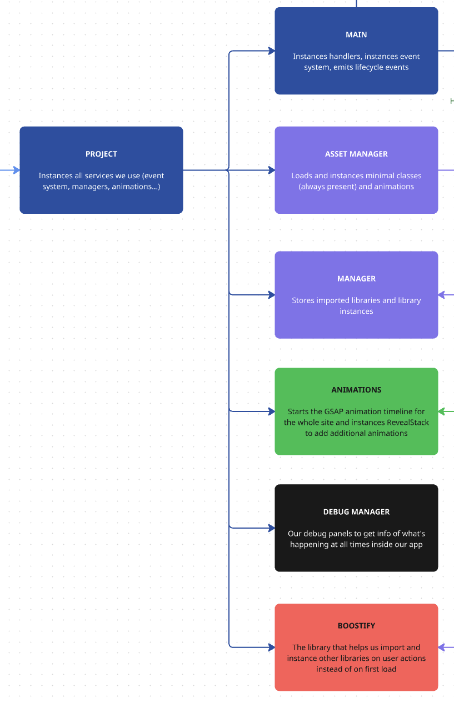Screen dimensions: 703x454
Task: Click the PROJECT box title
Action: (x=101, y=154)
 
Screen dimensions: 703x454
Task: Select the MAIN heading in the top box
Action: (x=356, y=34)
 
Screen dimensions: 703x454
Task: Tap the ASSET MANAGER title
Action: (x=356, y=154)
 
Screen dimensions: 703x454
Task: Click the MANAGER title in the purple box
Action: (x=356, y=279)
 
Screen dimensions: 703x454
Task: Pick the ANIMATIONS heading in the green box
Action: (x=356, y=390)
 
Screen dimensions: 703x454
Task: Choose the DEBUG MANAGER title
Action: (x=356, y=512)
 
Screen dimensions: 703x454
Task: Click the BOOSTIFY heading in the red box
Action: (x=356, y=626)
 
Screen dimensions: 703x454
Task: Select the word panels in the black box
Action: (x=334, y=534)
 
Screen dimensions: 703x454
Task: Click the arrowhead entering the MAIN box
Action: (x=272, y=51)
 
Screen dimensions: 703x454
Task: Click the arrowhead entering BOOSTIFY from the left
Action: (x=272, y=647)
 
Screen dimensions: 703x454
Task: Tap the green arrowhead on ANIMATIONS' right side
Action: (x=442, y=411)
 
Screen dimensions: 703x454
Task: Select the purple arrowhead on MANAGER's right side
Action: (x=442, y=295)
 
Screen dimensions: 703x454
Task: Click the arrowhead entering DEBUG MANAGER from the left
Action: (x=272, y=528)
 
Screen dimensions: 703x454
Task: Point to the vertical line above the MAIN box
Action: (x=356, y=3)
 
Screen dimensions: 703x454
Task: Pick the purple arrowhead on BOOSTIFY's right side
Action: (x=442, y=647)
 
